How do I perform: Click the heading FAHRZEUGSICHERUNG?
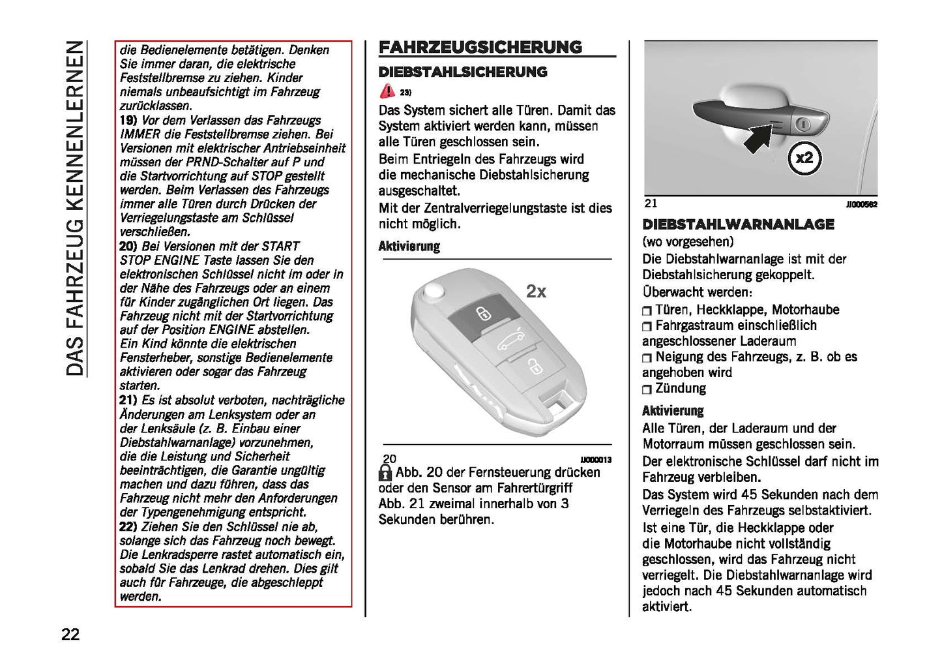click(x=480, y=47)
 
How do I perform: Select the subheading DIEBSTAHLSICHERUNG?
click(x=463, y=72)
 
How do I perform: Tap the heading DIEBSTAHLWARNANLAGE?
click(x=738, y=224)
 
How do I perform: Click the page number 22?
click(x=70, y=634)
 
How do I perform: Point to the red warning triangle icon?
click(x=387, y=91)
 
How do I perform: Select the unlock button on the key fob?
click(x=533, y=367)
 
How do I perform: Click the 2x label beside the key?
click(x=536, y=292)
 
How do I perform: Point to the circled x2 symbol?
click(x=804, y=158)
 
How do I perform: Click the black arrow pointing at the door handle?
click(x=759, y=139)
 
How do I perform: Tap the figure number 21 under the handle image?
click(x=651, y=204)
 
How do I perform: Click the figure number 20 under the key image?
click(x=389, y=459)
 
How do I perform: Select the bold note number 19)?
click(x=128, y=121)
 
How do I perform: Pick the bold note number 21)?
click(x=128, y=400)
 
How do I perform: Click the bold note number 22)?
click(x=128, y=526)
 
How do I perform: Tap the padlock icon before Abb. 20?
click(x=386, y=473)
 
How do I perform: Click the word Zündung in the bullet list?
click(x=681, y=389)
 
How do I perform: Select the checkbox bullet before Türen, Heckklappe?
click(x=647, y=311)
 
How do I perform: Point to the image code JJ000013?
click(x=596, y=460)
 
